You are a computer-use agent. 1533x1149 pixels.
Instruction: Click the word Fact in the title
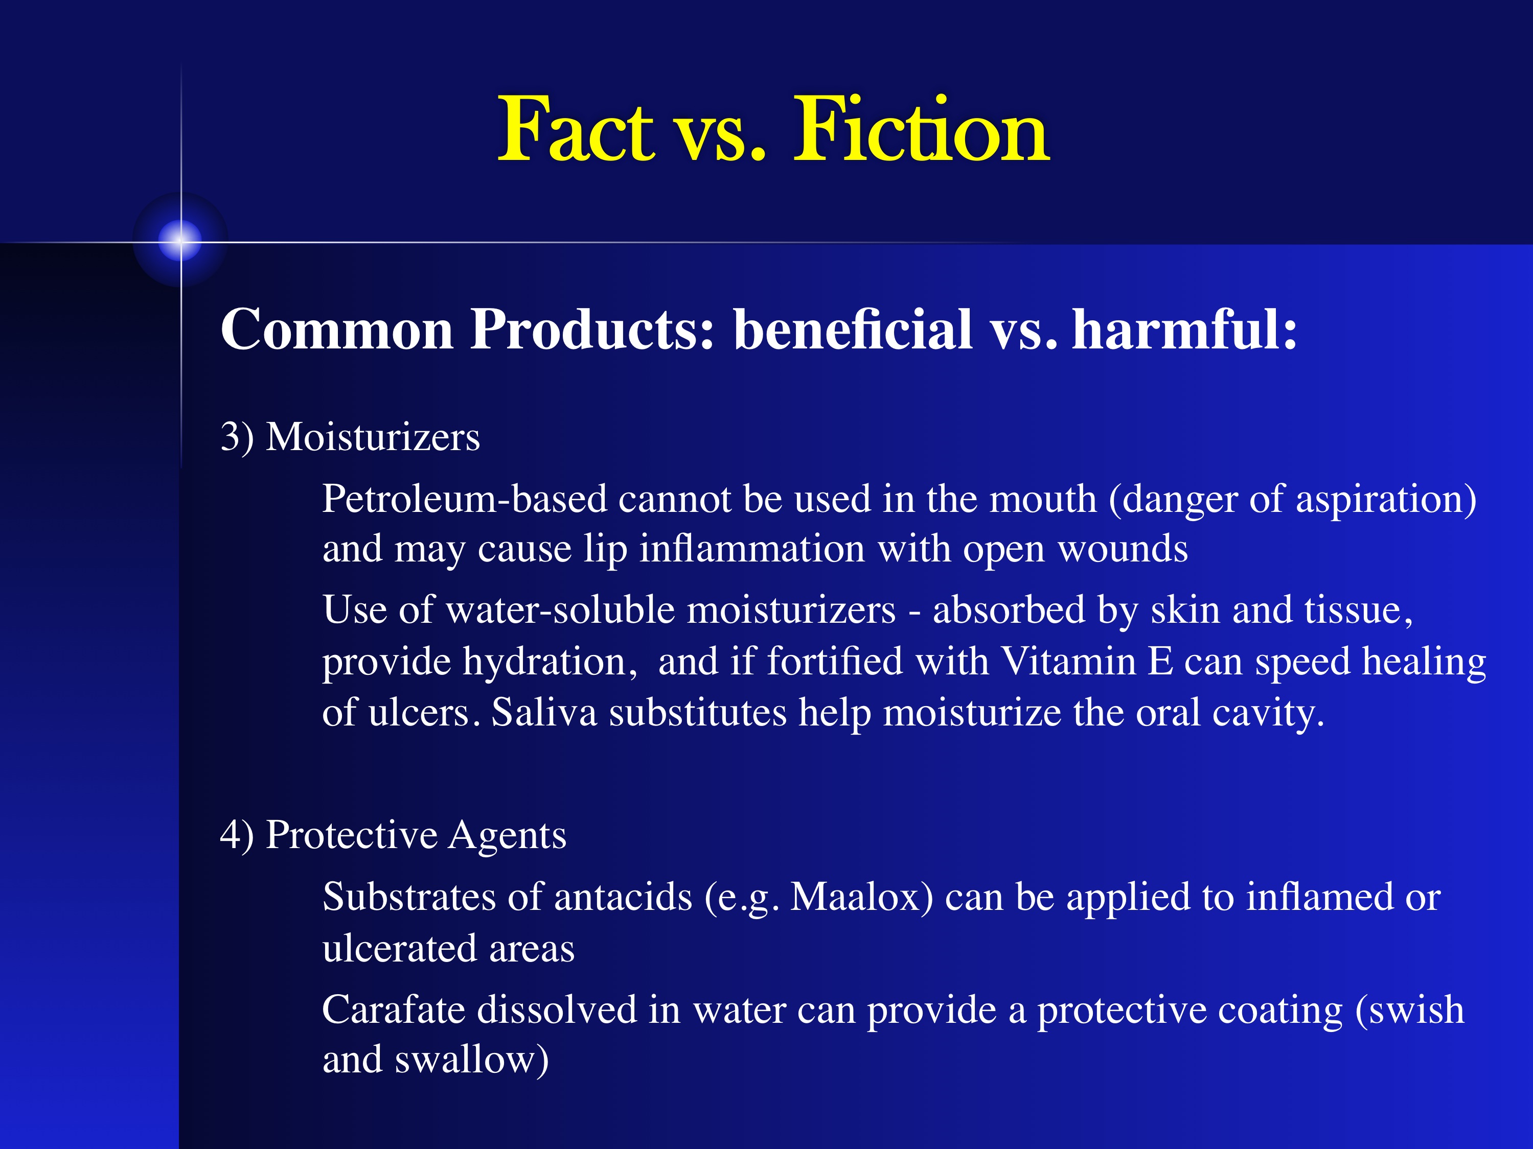[x=576, y=130]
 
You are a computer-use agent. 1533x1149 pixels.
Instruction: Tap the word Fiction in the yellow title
[x=922, y=130]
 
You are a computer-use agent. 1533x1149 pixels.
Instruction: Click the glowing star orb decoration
[x=180, y=240]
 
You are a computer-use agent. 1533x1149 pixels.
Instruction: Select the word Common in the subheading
[x=337, y=329]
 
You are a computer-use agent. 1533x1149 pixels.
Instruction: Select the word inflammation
[x=752, y=549]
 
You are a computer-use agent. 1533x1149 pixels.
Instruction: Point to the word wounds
[x=1123, y=549]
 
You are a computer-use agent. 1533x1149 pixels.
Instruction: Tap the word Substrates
[x=409, y=897]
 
